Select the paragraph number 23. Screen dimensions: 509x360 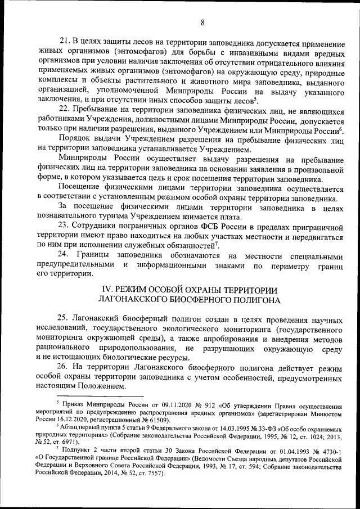(x=65, y=226)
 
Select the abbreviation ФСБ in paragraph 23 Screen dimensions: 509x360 (x=219, y=226)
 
